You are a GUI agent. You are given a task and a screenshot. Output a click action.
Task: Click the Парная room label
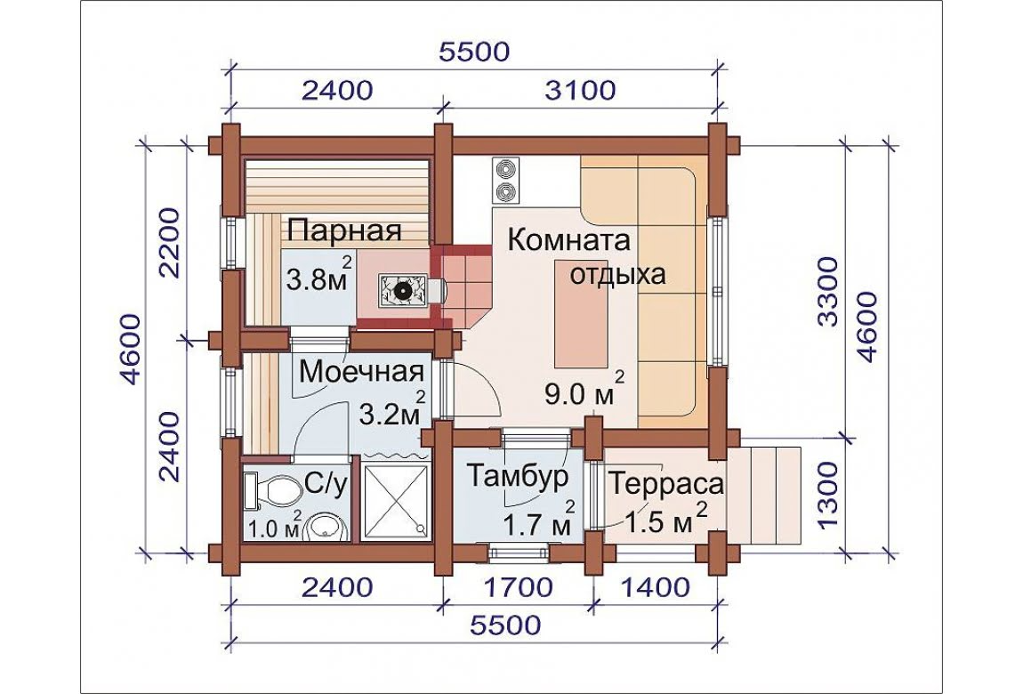pyautogui.click(x=344, y=231)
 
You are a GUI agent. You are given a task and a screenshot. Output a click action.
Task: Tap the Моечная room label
pyautogui.click(x=362, y=373)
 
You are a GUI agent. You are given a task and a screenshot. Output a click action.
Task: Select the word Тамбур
pyautogui.click(x=518, y=477)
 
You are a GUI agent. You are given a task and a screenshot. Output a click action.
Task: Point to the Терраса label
pyautogui.click(x=666, y=485)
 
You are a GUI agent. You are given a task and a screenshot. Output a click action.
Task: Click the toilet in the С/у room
pyautogui.click(x=268, y=491)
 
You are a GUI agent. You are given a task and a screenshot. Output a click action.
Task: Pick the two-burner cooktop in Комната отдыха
pyautogui.click(x=505, y=180)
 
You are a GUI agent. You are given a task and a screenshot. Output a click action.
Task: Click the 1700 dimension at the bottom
pyautogui.click(x=520, y=588)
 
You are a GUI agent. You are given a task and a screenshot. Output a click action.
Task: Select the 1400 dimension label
pyautogui.click(x=655, y=588)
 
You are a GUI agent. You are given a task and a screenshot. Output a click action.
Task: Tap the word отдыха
pyautogui.click(x=618, y=275)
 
